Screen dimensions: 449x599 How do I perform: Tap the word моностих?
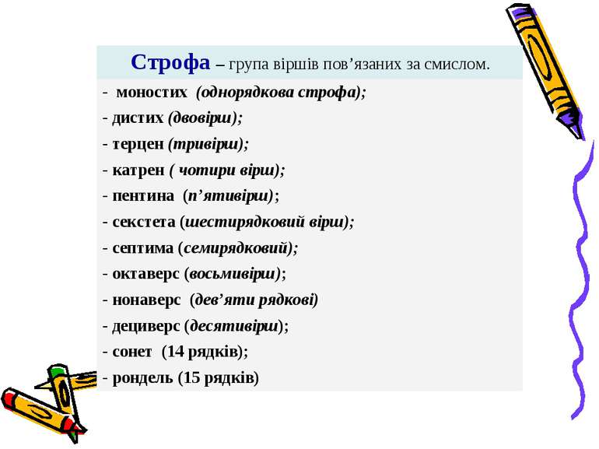[x=152, y=93]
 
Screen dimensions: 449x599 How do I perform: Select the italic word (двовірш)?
[x=205, y=118]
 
